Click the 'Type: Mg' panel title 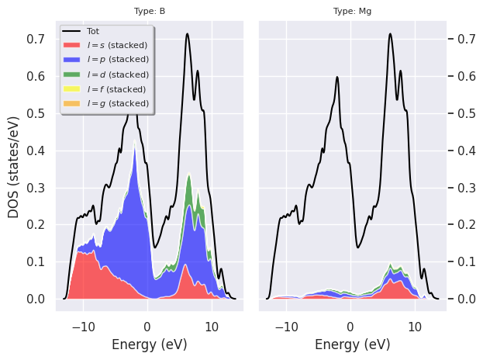click(x=352, y=12)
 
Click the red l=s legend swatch click(x=74, y=46)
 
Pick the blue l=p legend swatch click(x=74, y=60)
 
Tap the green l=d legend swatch click(x=74, y=74)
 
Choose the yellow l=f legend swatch click(x=74, y=88)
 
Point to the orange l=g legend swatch click(x=74, y=103)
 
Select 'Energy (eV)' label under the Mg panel click(x=352, y=344)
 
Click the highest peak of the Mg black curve click(x=390, y=34)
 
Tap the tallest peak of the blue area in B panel click(x=135, y=147)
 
